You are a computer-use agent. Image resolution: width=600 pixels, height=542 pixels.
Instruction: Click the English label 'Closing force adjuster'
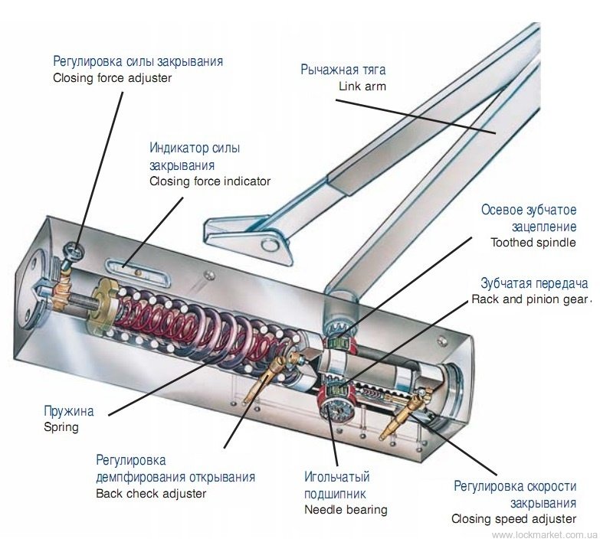point(112,78)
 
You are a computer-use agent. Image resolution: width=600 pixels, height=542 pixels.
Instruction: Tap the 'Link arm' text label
point(362,87)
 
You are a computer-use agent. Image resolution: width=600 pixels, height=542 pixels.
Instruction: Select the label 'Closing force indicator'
point(210,181)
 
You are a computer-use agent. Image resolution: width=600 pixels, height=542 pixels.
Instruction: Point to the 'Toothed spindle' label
point(533,243)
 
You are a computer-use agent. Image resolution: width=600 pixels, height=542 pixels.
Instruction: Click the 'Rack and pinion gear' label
point(530,299)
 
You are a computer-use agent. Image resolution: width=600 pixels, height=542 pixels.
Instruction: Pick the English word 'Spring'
point(61,427)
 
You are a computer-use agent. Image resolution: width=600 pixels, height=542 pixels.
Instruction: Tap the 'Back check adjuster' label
point(151,494)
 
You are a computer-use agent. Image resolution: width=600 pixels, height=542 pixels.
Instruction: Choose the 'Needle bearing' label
point(346,510)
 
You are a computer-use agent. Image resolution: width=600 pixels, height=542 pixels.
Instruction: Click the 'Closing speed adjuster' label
point(514,519)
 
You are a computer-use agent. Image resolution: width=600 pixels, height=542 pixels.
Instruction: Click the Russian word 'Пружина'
point(69,411)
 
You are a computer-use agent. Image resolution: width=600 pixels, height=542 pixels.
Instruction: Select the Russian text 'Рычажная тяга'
point(343,70)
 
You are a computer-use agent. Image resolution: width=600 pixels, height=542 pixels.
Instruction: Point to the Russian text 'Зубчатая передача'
point(534,283)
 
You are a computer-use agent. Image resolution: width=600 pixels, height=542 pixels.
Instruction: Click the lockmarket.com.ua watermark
point(545,534)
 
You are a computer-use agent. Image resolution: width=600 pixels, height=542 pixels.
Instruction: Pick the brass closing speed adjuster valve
point(405,413)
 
